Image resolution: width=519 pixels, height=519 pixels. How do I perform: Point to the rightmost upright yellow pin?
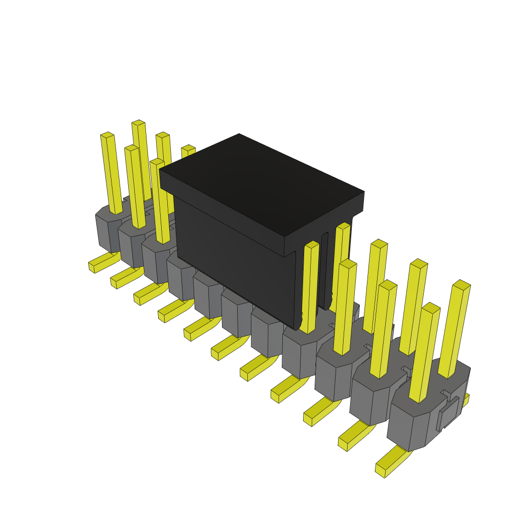(454, 329)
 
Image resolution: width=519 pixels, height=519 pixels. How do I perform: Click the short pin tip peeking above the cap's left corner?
(188, 150)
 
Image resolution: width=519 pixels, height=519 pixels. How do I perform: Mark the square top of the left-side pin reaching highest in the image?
(138, 123)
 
